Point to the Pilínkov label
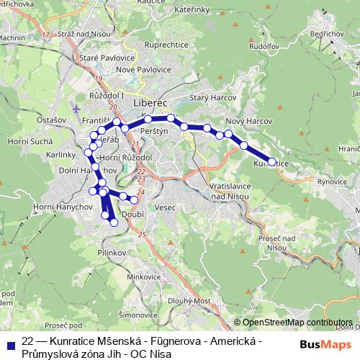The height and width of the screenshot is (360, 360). coord(112,253)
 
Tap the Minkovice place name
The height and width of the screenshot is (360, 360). coord(144,276)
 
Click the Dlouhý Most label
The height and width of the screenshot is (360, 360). coord(182,301)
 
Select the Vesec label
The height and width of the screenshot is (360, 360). coord(165,207)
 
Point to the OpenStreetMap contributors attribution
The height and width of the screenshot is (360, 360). coord(297,323)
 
